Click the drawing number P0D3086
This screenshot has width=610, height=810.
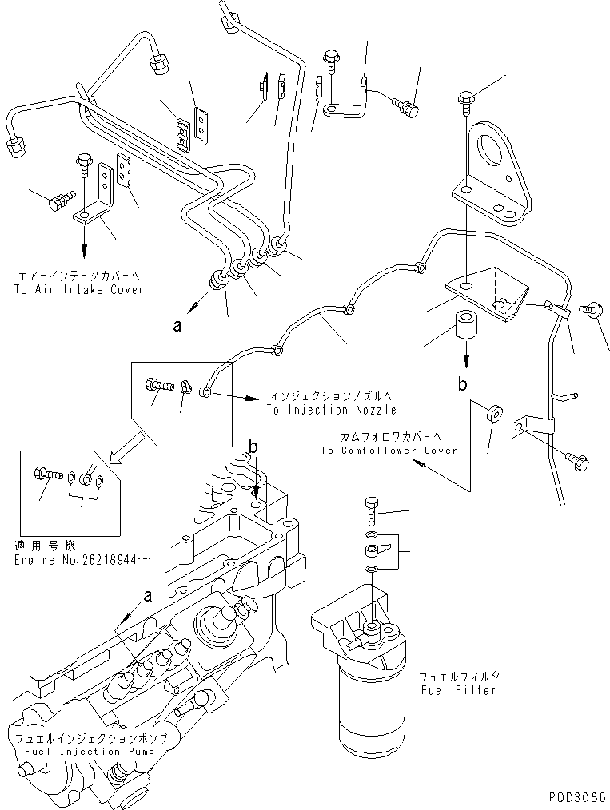coord(576,797)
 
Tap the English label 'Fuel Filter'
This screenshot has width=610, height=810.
coord(457,690)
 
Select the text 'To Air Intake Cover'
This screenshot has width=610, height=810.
coord(78,290)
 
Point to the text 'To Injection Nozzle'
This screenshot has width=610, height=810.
coord(332,410)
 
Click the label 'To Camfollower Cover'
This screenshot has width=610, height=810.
coord(389,451)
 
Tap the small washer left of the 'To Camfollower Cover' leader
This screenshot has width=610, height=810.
coord(493,415)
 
